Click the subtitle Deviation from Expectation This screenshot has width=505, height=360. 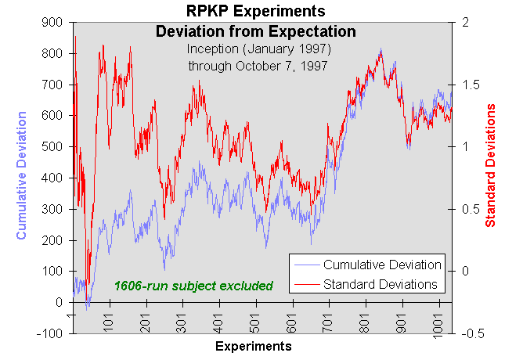coord(255,32)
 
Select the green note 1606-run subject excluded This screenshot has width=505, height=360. coord(193,286)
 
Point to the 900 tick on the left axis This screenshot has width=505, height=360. coord(53,23)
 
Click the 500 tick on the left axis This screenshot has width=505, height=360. coord(53,147)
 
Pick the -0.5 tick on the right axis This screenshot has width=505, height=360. coord(472,333)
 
